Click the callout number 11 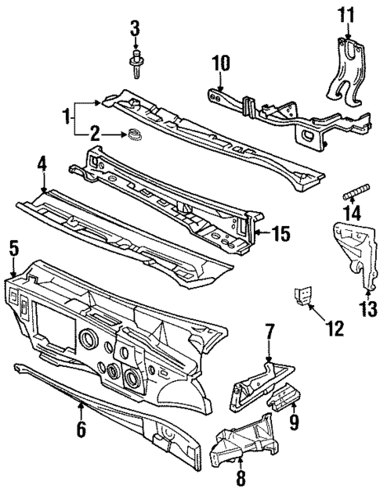(x=346, y=15)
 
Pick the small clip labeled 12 (x=302, y=296)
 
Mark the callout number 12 (x=335, y=329)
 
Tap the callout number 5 (x=12, y=249)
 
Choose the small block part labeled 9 (x=284, y=399)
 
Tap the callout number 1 (x=68, y=118)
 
